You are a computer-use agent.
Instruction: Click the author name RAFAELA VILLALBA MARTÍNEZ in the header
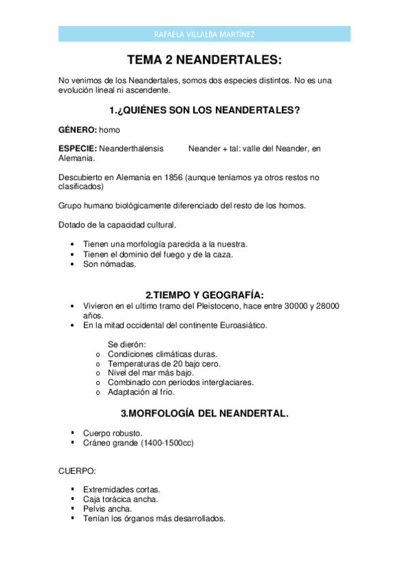click(x=204, y=35)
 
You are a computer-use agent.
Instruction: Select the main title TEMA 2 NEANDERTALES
click(x=204, y=60)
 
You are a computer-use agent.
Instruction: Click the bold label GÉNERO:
click(x=78, y=128)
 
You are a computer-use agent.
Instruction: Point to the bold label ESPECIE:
click(x=79, y=147)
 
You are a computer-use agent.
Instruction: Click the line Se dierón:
click(x=127, y=345)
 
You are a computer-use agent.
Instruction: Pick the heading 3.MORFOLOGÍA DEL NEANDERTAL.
click(x=204, y=413)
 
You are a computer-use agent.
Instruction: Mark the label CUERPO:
click(x=77, y=471)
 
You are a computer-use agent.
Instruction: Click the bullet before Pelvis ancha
click(x=72, y=509)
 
